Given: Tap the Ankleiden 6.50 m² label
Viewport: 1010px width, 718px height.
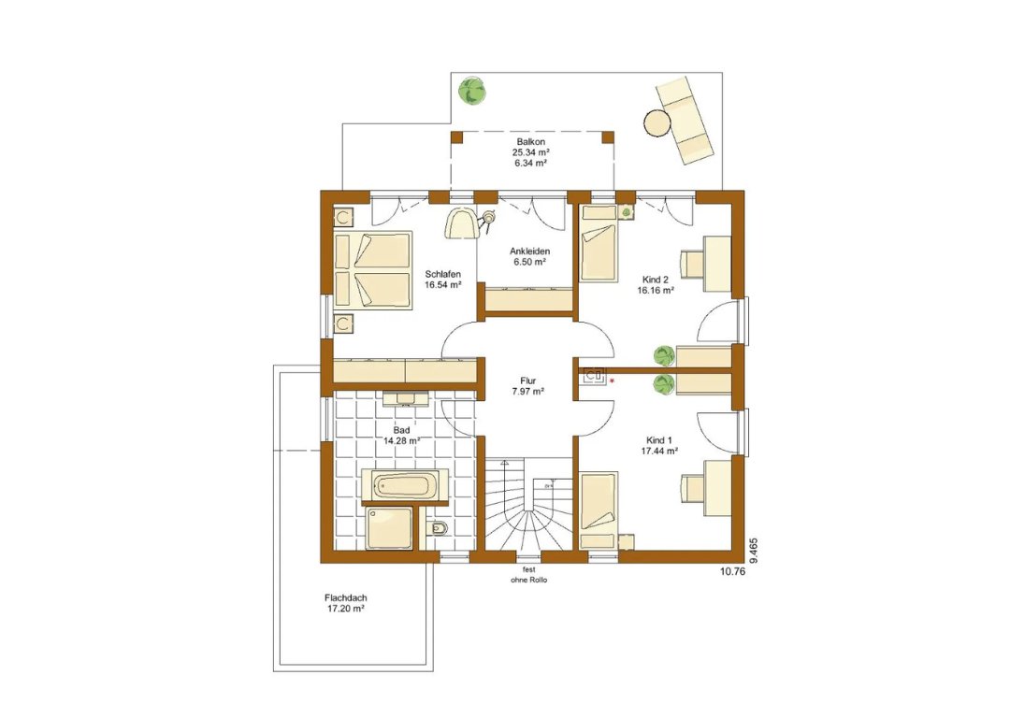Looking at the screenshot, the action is click(x=529, y=256).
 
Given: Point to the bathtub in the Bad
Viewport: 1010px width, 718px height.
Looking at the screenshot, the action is click(x=405, y=485).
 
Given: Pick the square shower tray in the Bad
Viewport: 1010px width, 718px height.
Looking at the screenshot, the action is click(x=390, y=528).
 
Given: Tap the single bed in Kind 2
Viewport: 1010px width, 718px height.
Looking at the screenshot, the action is click(x=599, y=243).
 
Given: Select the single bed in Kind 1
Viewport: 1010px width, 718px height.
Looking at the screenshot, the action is click(x=599, y=510).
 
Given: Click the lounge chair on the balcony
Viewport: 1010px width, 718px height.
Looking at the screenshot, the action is click(x=685, y=120).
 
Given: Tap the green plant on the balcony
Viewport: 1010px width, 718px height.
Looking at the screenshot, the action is click(x=472, y=90).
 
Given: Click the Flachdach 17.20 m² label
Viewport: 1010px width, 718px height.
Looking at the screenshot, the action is click(x=346, y=603).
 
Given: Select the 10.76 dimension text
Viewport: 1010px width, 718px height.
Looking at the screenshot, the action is click(x=731, y=570).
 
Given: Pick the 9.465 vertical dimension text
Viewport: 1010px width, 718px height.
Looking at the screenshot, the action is click(x=754, y=552).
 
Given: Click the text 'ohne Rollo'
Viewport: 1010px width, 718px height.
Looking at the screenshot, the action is click(x=528, y=581).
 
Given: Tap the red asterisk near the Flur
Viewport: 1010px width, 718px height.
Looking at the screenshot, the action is click(x=612, y=381).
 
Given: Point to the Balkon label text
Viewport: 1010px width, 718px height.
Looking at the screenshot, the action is click(x=531, y=142).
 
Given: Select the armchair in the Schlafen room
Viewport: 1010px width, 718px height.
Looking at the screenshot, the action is click(x=462, y=223).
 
